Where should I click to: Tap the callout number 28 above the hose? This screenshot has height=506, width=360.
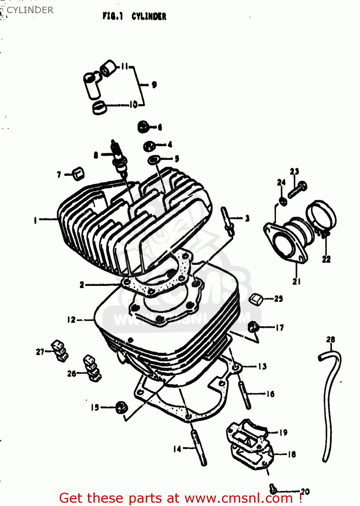[x=330, y=339]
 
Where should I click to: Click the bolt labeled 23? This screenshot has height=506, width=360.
[x=297, y=190]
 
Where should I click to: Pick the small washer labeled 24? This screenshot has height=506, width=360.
[x=283, y=201]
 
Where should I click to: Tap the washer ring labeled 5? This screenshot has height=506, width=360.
[x=154, y=159]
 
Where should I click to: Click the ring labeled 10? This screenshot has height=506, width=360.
[x=99, y=108]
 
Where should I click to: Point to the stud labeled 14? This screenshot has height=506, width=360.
[x=199, y=448]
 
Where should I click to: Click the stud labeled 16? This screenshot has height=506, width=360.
[x=245, y=393]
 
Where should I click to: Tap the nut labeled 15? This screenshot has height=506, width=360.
[x=121, y=407]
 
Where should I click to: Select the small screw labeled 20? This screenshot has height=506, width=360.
[x=274, y=488]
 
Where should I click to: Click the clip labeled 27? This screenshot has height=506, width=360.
[x=60, y=351]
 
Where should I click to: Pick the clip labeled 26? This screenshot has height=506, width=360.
[x=92, y=368]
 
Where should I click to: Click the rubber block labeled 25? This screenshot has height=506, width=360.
[x=256, y=299]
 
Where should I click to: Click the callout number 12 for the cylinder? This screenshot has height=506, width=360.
[x=71, y=319]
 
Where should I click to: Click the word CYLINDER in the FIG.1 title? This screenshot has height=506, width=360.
[x=149, y=16]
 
